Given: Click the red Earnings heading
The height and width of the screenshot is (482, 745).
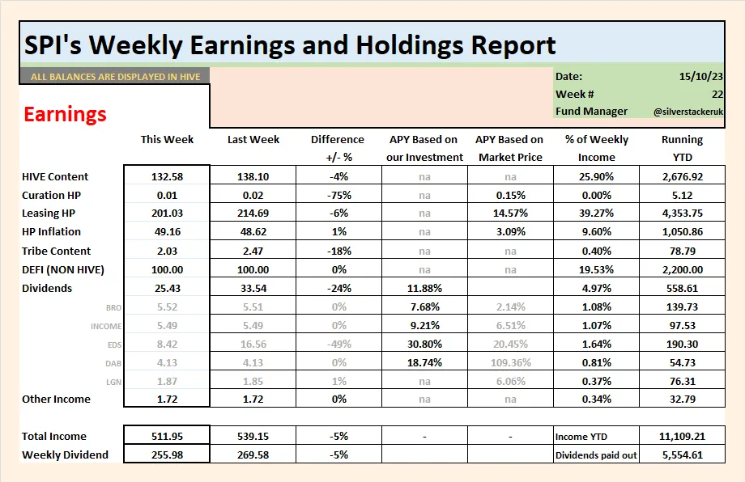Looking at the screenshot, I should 65,114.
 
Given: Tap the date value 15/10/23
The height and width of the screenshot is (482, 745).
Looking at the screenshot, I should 701,76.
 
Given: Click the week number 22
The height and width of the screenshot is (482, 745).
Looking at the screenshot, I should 717,94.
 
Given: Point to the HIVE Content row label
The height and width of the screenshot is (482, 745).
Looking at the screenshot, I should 55,176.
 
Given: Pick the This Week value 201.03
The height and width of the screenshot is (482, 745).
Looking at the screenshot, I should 167,214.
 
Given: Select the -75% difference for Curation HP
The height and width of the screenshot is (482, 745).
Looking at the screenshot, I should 338,195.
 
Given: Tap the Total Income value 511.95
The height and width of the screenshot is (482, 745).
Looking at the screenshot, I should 167,436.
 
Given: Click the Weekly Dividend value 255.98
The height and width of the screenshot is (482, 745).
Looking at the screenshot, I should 167,455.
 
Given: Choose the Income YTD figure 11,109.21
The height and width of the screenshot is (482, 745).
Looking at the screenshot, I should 681,436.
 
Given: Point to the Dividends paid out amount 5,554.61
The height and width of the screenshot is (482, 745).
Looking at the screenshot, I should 681,455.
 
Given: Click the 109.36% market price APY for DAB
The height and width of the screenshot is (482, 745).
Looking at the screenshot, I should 510,362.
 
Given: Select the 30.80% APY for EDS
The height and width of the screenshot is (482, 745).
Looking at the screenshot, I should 424,344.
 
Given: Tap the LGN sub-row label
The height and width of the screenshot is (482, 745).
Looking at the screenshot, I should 113,381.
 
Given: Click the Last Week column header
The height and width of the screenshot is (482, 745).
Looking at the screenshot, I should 253,139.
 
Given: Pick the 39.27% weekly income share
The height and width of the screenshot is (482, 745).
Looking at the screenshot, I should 597,214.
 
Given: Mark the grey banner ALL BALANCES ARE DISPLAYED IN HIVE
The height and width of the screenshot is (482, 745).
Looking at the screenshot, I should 115,77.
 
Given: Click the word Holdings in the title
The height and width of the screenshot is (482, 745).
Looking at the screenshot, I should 368,44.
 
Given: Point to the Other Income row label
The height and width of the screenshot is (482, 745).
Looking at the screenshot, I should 57,399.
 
